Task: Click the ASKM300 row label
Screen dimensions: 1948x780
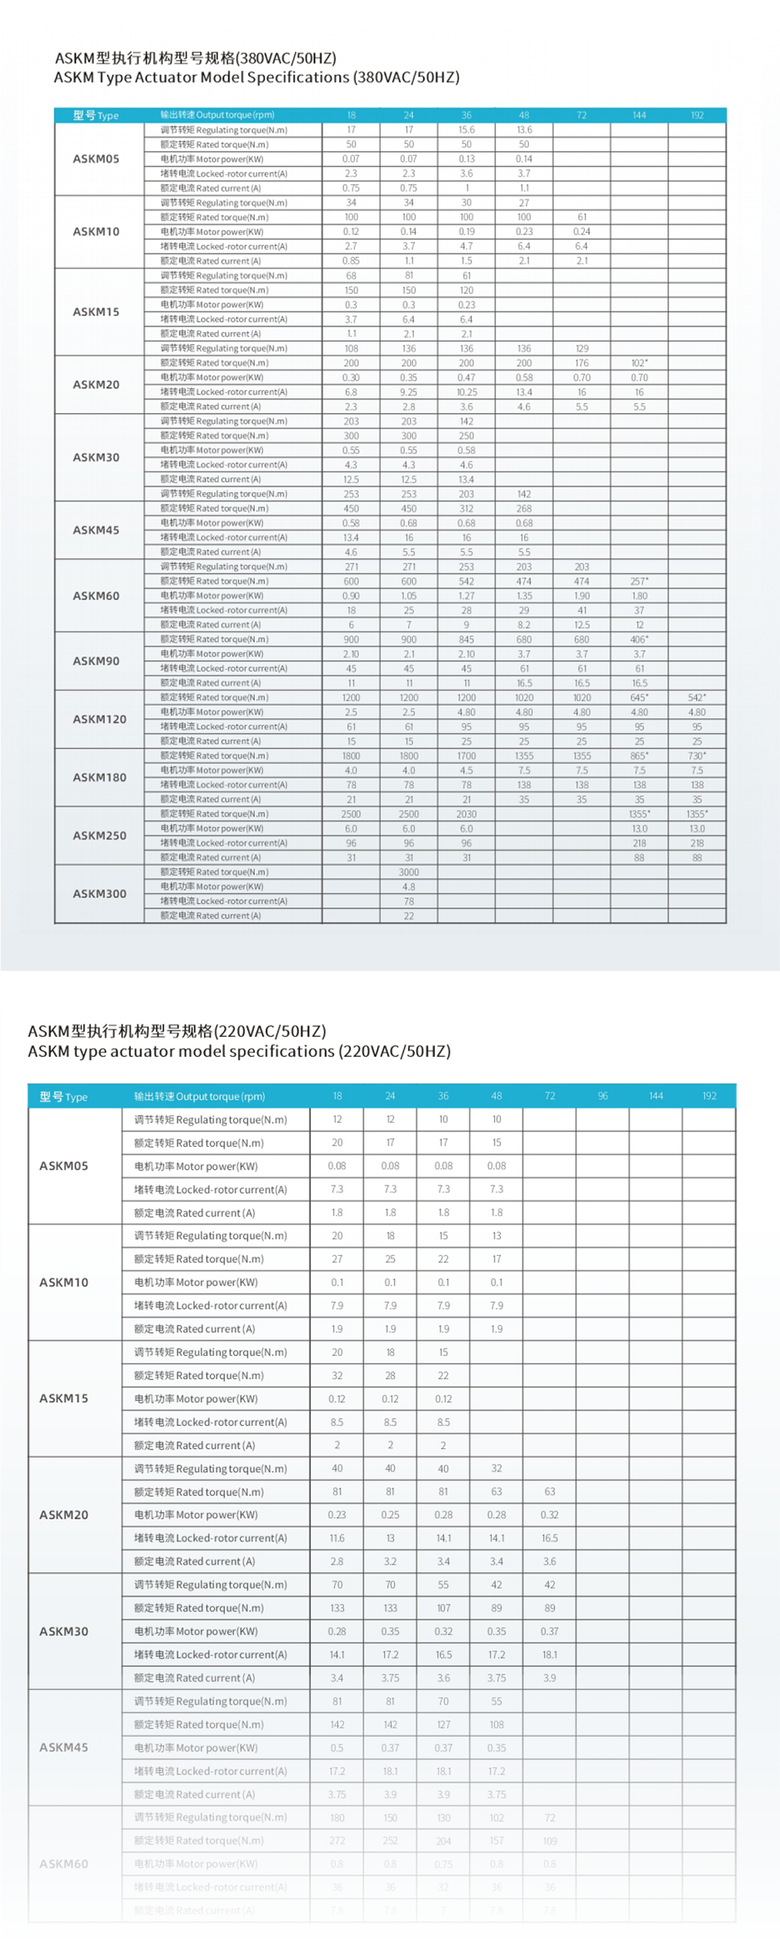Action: [x=99, y=893]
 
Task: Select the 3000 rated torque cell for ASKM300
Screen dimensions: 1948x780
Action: [x=409, y=872]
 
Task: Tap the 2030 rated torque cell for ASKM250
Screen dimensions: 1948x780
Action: [x=466, y=814]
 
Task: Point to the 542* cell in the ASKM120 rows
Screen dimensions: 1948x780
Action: [x=696, y=697]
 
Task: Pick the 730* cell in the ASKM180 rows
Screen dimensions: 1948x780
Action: [x=696, y=755]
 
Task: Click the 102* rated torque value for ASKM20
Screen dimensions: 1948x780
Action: [x=639, y=363]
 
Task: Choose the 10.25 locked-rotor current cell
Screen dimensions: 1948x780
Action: [x=466, y=392]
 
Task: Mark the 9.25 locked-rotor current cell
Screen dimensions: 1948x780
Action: [x=409, y=392]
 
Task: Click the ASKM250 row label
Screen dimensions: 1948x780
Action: [x=99, y=835]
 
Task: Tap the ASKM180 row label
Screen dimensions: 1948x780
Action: [x=99, y=777]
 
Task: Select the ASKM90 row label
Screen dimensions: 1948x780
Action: [x=96, y=661]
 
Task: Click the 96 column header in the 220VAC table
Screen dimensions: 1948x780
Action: [x=602, y=1096]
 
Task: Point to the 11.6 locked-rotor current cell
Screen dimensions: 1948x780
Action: [x=337, y=1537]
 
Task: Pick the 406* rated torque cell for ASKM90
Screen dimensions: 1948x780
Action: [x=639, y=639]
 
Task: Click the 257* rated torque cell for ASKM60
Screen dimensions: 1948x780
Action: [x=639, y=581]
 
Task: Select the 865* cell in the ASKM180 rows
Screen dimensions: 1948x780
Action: [x=639, y=755]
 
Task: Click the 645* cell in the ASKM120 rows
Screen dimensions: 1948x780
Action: [x=639, y=697]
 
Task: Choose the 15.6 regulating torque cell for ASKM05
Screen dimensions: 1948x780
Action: [x=466, y=130]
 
